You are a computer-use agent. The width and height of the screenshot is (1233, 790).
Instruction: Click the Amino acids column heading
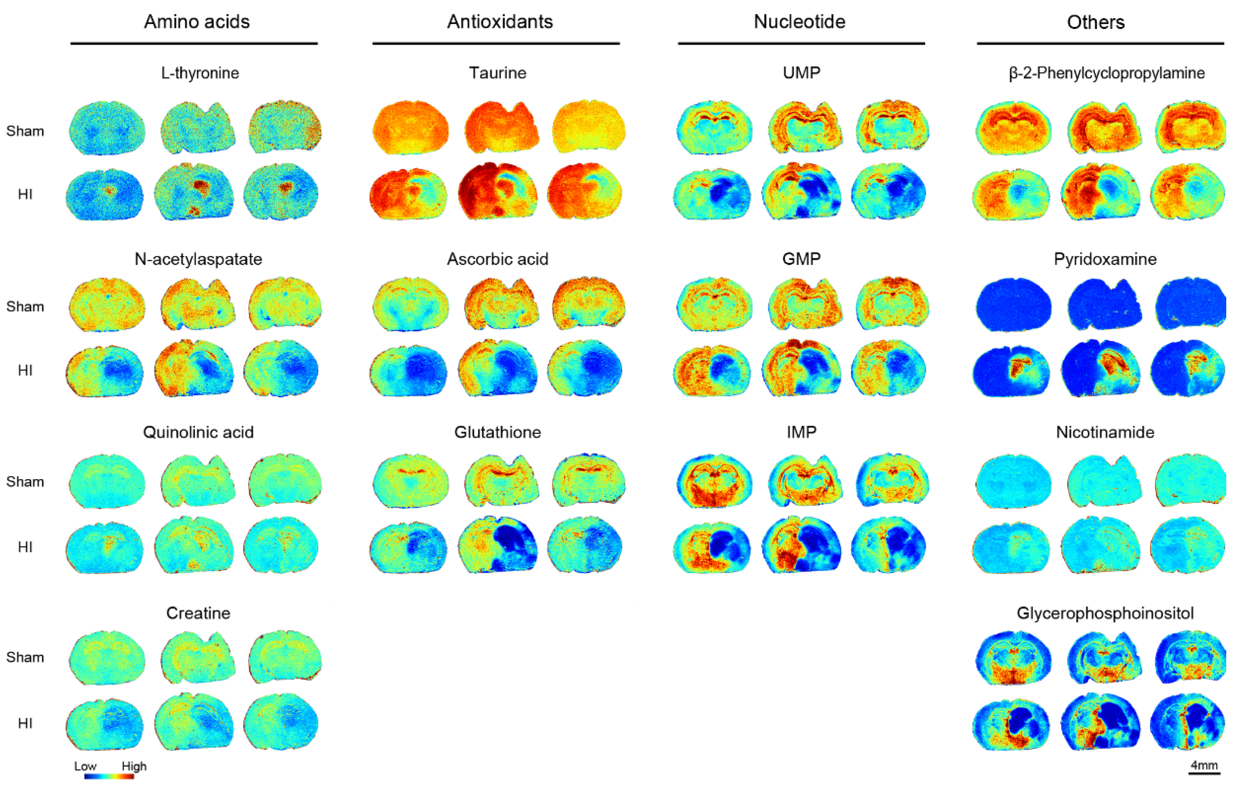point(196,21)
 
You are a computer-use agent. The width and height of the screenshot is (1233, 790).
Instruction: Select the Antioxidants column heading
point(500,21)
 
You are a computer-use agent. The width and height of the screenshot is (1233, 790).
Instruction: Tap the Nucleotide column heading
point(799,21)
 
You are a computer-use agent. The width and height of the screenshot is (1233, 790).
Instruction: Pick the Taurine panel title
point(497,73)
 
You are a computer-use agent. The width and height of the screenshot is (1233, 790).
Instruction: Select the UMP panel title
point(801,73)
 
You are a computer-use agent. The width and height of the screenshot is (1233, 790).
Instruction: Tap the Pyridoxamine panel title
point(1105,259)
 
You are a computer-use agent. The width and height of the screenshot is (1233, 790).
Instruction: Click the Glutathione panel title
point(497,432)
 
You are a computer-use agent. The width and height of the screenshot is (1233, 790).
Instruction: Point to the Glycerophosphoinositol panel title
point(1105,613)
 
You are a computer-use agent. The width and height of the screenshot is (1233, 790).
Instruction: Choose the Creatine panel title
point(198,613)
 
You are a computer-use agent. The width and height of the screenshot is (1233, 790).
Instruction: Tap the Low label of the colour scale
point(85,766)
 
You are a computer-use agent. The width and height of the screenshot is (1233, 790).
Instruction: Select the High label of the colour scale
point(134,766)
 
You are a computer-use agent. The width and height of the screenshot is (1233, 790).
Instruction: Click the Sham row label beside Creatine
point(25,657)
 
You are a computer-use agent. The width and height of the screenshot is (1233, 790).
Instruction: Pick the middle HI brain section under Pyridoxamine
point(1100,368)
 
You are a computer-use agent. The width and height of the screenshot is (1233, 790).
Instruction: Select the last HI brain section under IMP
point(889,545)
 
